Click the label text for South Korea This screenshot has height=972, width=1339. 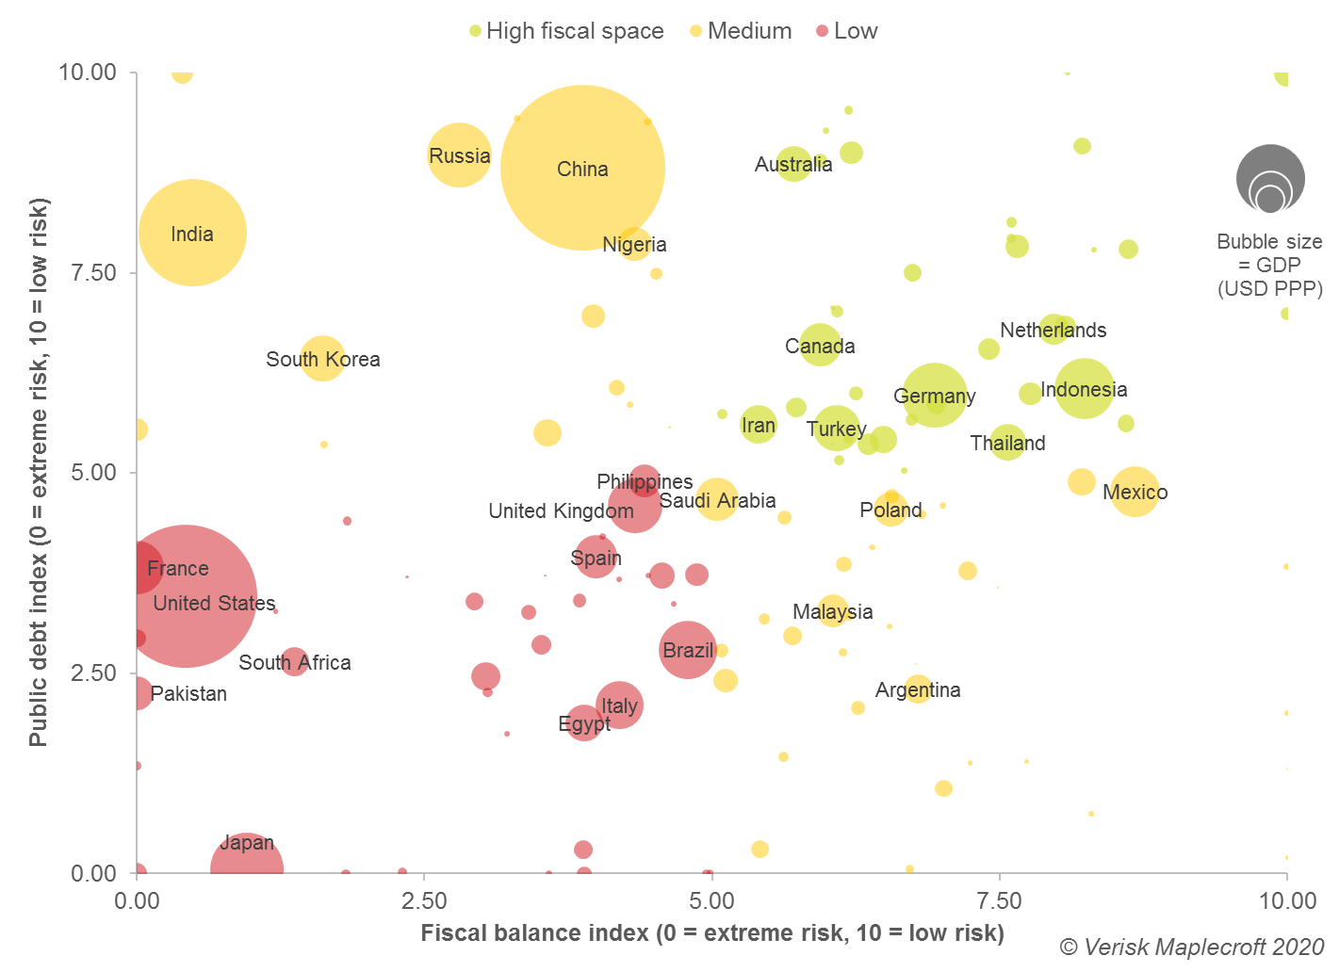point(323,360)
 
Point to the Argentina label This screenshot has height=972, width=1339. point(918,690)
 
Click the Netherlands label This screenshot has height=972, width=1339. point(1053,331)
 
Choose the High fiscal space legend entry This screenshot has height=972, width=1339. point(566,31)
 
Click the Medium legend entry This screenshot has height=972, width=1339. point(741,31)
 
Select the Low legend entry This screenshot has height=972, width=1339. point(847,31)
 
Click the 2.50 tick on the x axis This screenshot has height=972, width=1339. point(424,901)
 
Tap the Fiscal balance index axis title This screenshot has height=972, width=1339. point(711,933)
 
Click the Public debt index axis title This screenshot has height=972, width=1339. point(39,472)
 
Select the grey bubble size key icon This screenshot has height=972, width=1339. point(1270,179)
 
